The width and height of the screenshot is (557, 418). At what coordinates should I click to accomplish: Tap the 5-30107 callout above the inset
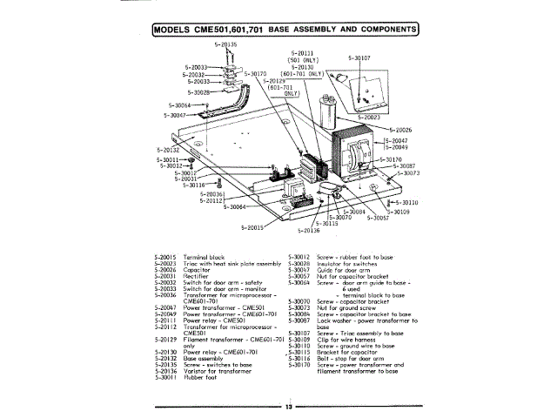click(359, 58)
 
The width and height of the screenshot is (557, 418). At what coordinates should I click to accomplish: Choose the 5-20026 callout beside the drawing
click(400, 130)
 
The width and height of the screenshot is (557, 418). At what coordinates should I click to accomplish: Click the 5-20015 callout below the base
click(252, 227)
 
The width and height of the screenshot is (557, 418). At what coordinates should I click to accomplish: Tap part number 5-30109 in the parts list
click(299, 337)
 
